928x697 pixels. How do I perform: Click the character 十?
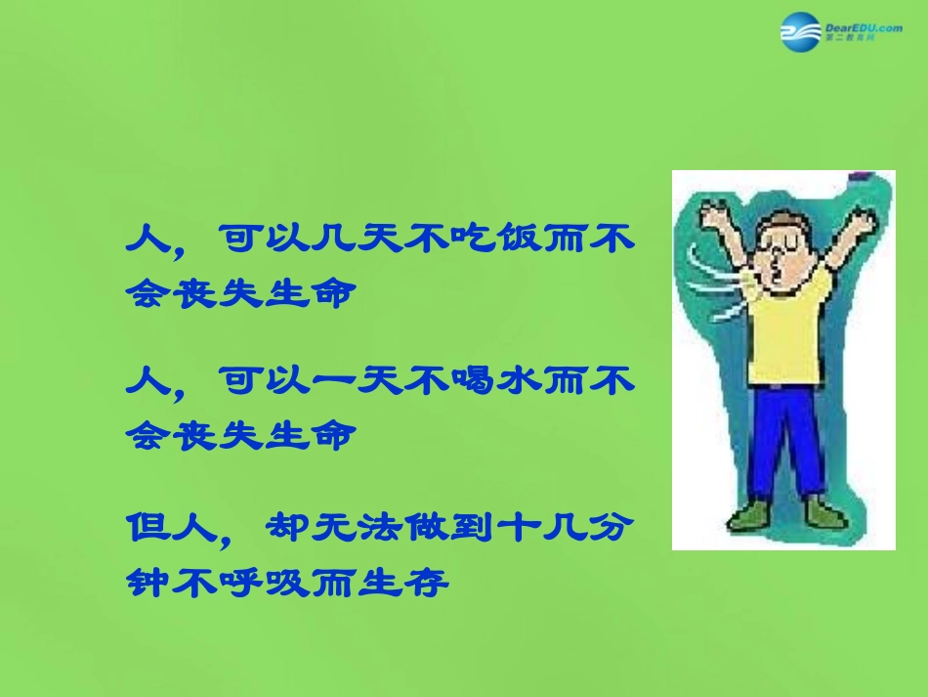coord(511,529)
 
